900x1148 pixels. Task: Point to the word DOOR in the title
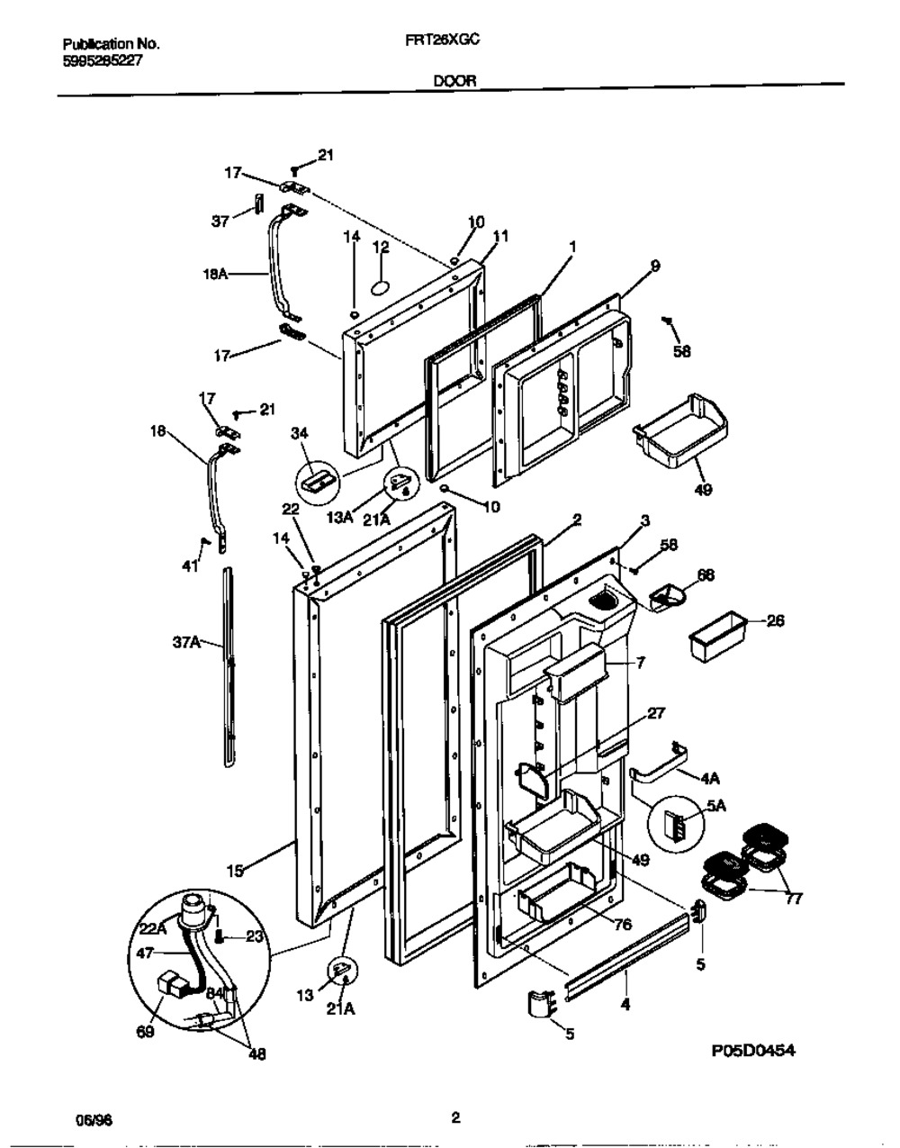tap(455, 80)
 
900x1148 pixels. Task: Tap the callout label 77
tap(793, 898)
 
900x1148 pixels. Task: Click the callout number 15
tap(235, 871)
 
